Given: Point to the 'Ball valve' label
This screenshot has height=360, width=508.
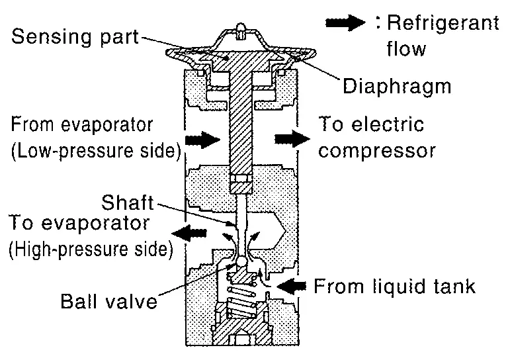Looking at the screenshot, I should point(109,302).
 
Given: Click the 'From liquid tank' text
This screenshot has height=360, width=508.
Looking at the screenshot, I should point(394,287).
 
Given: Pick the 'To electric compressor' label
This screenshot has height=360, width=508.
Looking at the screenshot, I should point(377,137).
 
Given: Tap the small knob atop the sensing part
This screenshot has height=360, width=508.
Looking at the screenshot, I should point(239,29).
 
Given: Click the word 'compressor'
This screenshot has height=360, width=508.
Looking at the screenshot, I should point(377,150).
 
